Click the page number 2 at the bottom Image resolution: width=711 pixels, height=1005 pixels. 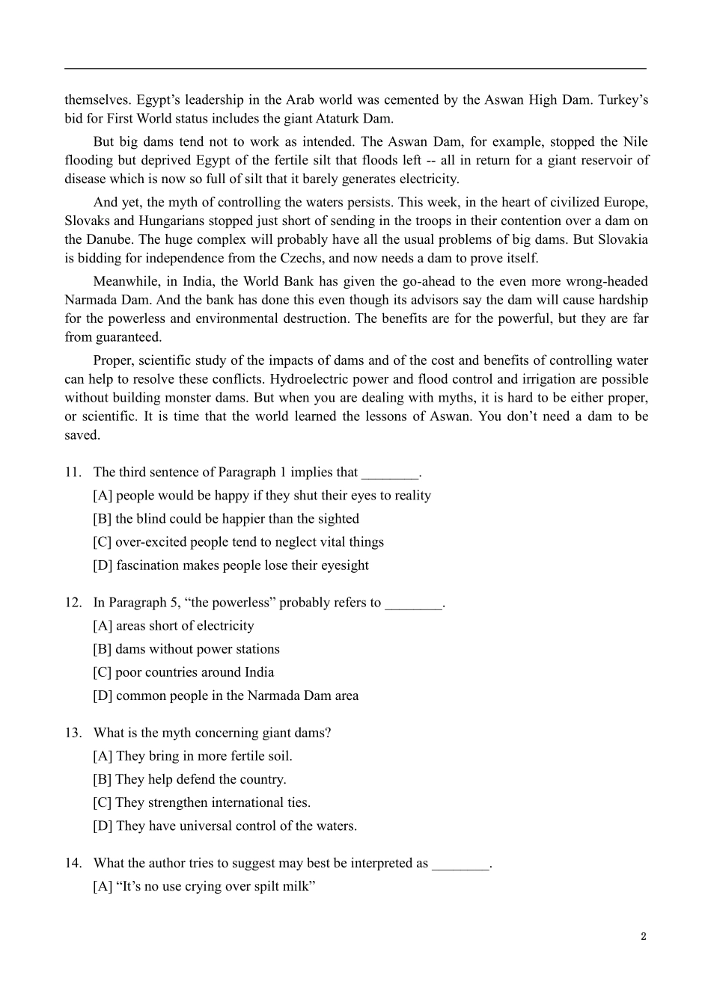[x=643, y=936]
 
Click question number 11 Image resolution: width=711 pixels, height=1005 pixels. [x=73, y=472]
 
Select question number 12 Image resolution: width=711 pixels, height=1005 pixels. [x=73, y=602]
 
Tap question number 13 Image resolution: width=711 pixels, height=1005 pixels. [x=73, y=732]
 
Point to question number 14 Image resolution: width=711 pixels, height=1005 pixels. [x=73, y=862]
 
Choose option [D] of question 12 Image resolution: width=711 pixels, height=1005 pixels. [x=225, y=695]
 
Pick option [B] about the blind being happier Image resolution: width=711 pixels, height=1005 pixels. [x=225, y=518]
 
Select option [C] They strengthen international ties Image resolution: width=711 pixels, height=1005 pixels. [x=201, y=802]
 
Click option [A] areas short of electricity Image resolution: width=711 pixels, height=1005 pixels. [x=173, y=626]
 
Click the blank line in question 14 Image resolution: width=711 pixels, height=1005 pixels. [x=460, y=864]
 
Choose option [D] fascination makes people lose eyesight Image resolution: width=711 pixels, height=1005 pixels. [x=231, y=565]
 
